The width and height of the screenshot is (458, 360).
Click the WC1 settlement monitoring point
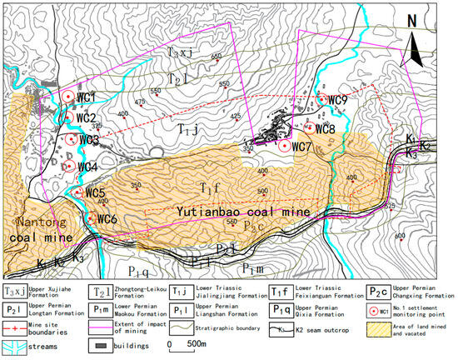67,97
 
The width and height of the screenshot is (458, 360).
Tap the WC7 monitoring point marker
284,145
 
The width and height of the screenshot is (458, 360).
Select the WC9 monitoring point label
338,101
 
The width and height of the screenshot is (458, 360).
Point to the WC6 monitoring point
88,218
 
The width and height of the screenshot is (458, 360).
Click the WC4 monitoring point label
87,167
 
